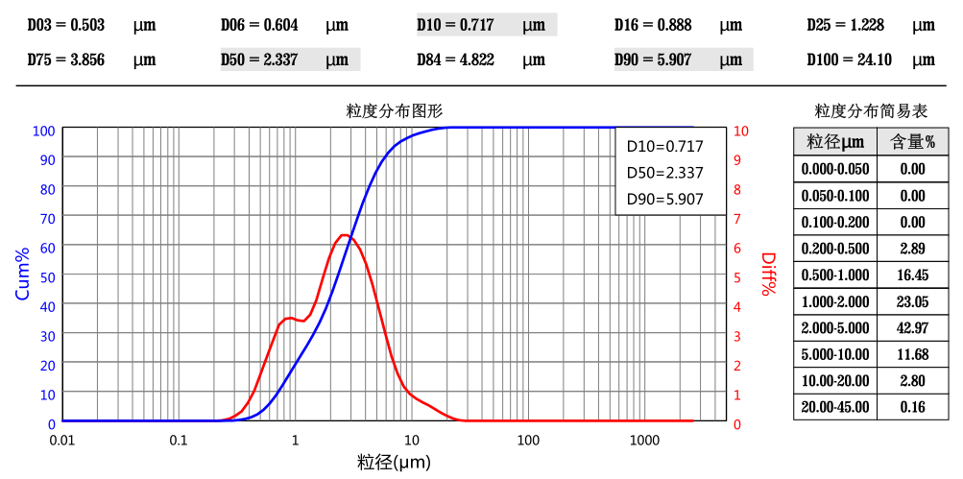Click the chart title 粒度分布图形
click(395, 110)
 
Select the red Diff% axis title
click(767, 275)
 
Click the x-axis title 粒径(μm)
click(395, 463)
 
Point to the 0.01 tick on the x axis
click(62, 441)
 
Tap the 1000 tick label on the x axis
click(644, 441)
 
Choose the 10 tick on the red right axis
click(741, 131)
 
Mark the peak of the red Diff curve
click(345, 235)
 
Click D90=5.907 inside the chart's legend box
click(664, 200)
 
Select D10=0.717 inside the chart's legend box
click(664, 147)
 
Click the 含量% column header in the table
click(912, 143)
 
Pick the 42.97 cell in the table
click(912, 328)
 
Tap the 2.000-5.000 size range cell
click(835, 328)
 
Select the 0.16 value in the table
click(912, 407)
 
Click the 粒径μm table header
click(835, 143)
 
